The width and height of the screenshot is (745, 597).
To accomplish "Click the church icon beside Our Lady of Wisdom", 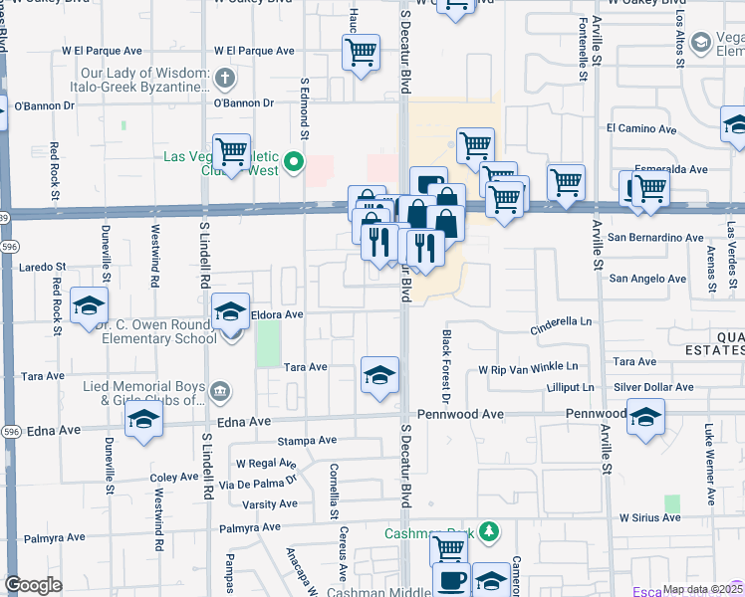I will coord(225,77).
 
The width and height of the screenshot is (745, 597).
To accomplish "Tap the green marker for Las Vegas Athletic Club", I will coord(294,161).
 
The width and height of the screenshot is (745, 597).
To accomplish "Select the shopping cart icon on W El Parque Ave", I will coord(361,52).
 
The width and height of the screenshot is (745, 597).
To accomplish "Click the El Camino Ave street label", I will coord(641,128).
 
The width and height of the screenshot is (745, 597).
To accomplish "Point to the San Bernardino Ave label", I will coord(656,238).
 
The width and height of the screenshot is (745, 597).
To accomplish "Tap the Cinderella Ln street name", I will coord(560,322).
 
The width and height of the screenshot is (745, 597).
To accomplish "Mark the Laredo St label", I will coord(42,267).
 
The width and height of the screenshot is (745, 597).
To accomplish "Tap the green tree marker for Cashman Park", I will coord(488,531).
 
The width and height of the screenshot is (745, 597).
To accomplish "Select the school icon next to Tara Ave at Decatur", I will coord(379,375).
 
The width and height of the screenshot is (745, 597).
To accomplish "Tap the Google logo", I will coord(33,585).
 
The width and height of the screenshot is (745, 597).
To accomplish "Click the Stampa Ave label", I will coord(308,440).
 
